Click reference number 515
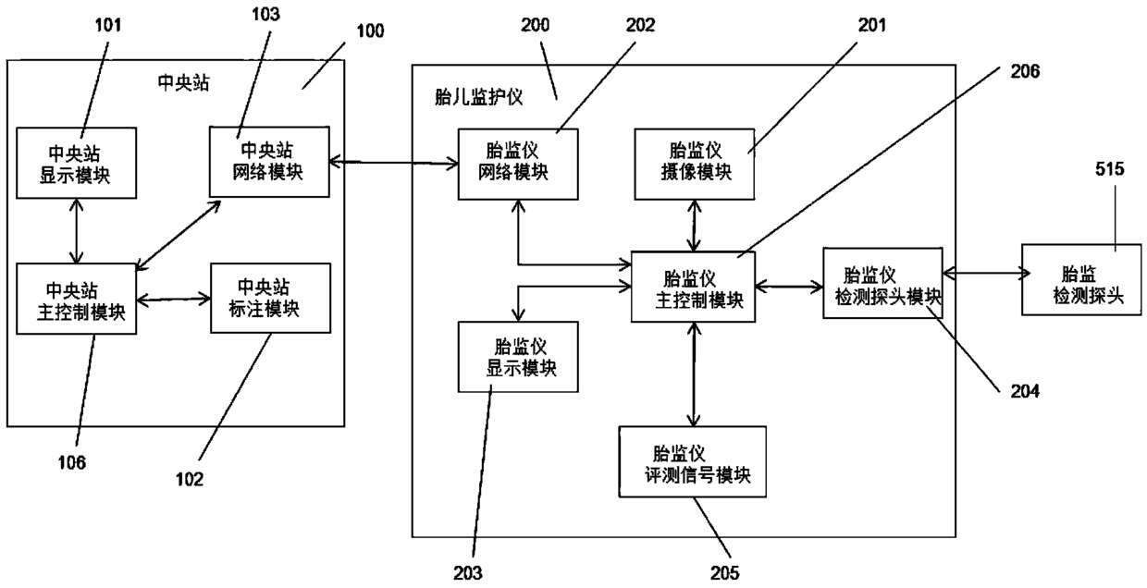1110,169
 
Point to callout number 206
1025,71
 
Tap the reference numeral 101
108,25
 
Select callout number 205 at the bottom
724,572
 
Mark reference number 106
72,462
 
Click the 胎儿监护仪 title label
478,97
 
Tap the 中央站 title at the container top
183,82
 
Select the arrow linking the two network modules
394,163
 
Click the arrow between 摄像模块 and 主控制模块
694,226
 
